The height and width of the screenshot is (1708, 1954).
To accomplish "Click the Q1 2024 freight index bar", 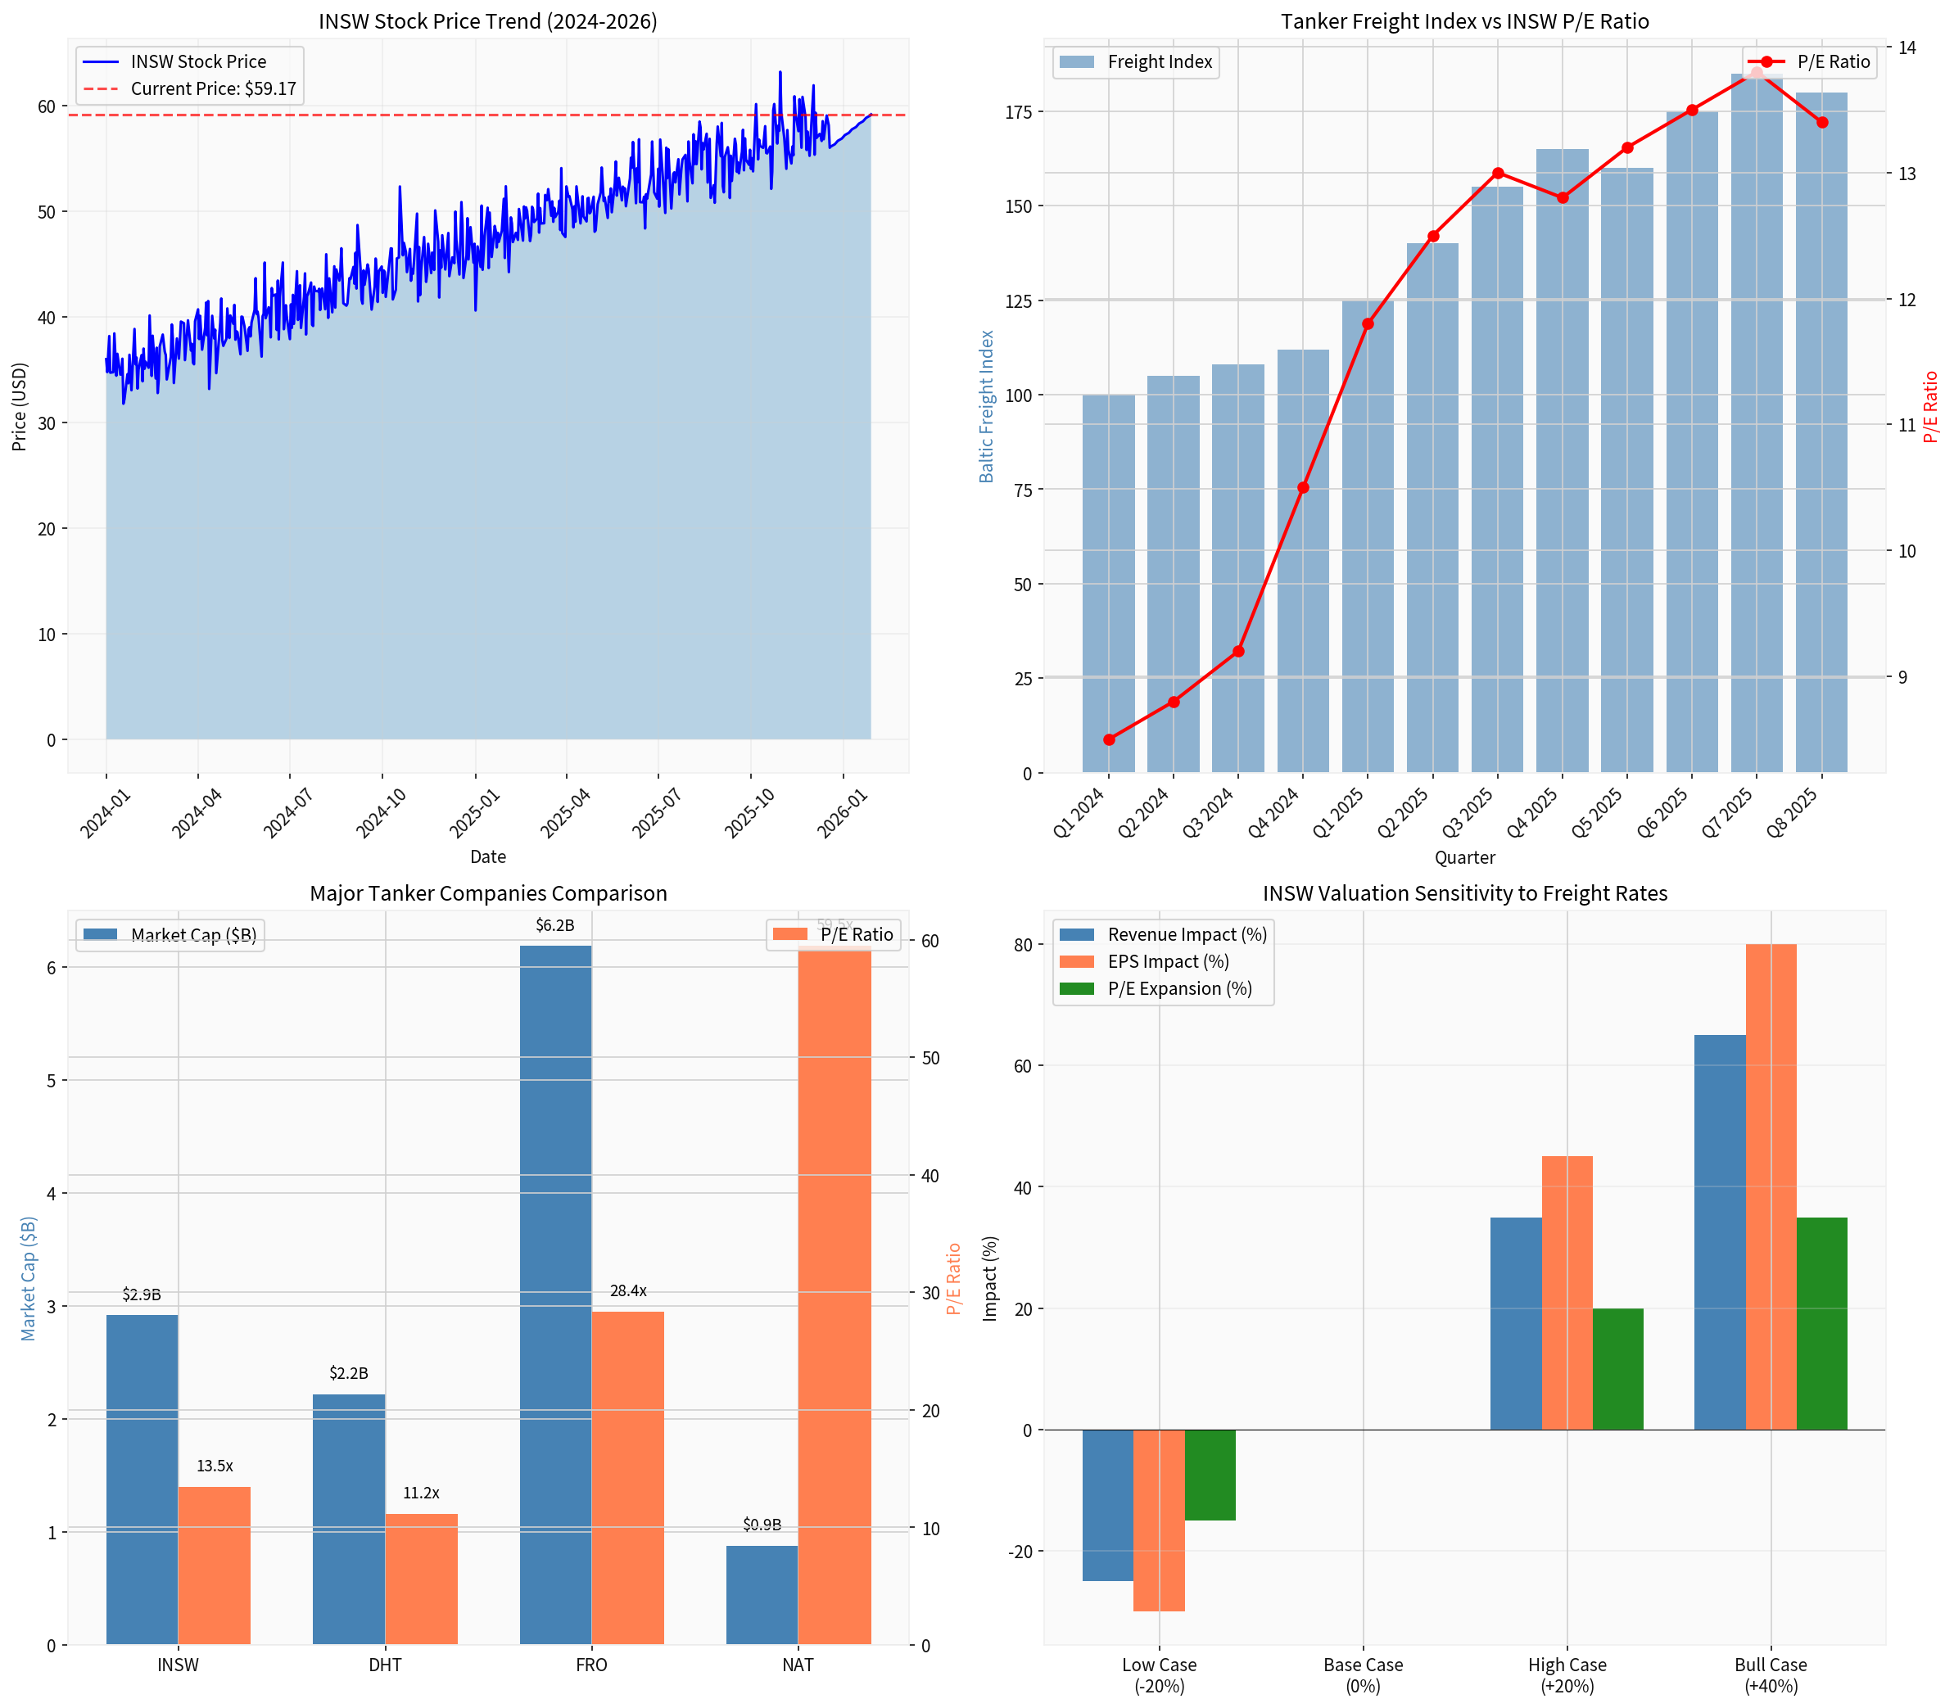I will (1109, 583).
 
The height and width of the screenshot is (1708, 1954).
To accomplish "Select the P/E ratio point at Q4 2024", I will (1303, 488).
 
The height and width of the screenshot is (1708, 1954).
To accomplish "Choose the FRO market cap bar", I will (556, 1296).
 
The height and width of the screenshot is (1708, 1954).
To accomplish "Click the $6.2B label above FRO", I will (554, 925).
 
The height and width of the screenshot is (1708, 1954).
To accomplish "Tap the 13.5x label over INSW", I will (215, 1466).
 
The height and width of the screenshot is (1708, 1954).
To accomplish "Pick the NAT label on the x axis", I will (798, 1665).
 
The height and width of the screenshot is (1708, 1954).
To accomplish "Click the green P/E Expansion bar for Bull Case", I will (1821, 1324).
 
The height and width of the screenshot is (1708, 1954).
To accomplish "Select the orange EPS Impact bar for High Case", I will (1567, 1294).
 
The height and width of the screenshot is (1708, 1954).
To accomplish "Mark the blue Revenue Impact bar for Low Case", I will (1107, 1506).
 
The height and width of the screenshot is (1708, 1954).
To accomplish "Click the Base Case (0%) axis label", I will (1363, 1674).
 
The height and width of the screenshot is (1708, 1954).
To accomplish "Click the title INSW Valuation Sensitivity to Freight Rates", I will (1465, 893).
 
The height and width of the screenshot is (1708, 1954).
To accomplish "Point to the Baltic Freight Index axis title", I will (987, 406).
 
